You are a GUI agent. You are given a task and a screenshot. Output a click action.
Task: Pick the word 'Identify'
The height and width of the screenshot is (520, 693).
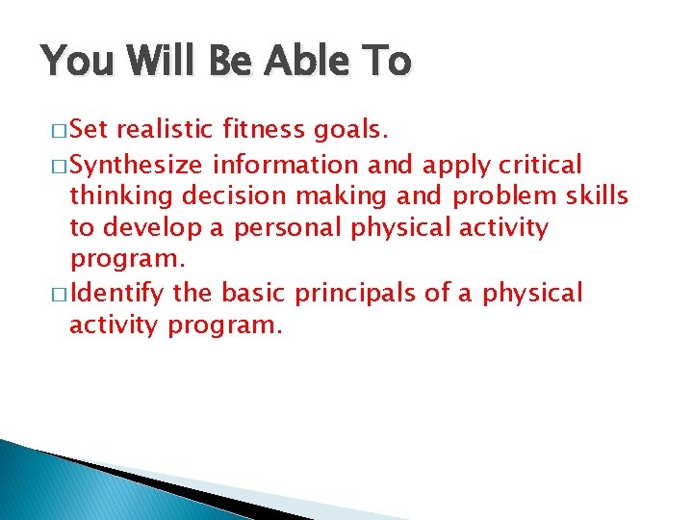[x=117, y=294]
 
